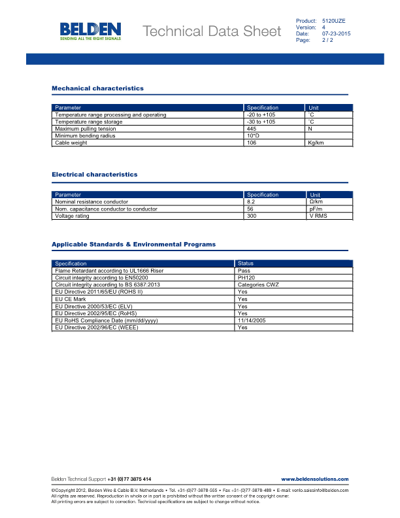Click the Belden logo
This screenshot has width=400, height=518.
(x=90, y=31)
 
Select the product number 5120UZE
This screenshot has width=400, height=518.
(x=333, y=22)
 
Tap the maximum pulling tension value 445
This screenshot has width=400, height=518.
(x=251, y=129)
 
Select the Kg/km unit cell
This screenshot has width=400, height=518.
(x=316, y=143)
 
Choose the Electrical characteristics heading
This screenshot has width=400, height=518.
(x=95, y=175)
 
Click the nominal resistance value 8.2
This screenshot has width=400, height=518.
(x=250, y=202)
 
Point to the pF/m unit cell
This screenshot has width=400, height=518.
(x=315, y=209)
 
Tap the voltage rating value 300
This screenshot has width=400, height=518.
(x=251, y=216)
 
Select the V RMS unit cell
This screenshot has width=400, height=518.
(x=317, y=216)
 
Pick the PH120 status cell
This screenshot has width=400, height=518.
(x=246, y=278)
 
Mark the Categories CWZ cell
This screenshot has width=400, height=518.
(x=259, y=285)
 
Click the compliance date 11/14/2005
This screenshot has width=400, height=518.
(x=250, y=320)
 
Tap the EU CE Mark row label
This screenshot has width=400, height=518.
(x=71, y=299)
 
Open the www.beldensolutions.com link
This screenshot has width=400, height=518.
(x=314, y=479)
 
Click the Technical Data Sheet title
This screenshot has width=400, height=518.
(x=211, y=31)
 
